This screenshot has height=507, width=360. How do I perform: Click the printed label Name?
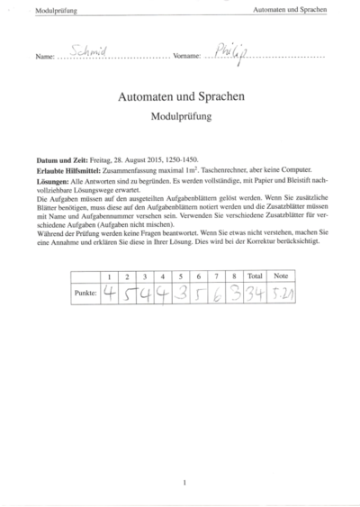pos(45,57)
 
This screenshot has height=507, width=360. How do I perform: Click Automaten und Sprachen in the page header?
pos(291,10)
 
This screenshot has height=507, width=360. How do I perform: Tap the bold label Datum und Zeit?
pos(58,158)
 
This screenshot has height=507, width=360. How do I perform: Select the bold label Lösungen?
pos(53,180)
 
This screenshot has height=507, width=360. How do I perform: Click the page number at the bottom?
pos(184,483)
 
